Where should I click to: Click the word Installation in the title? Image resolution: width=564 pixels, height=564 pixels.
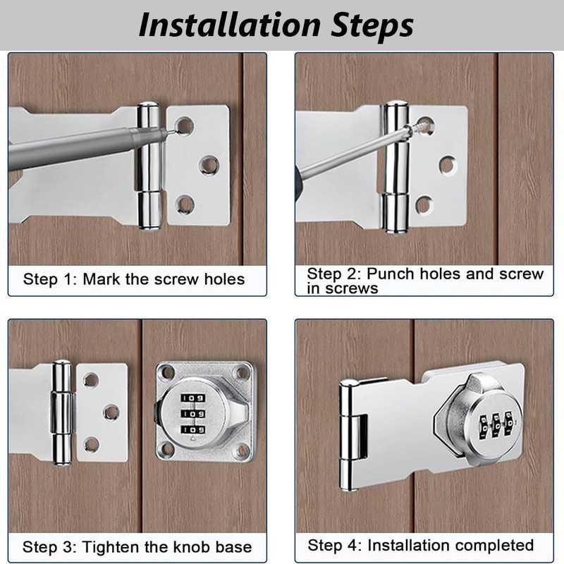pyautogui.click(x=230, y=25)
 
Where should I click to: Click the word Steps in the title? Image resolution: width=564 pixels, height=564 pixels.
pyautogui.click(x=373, y=27)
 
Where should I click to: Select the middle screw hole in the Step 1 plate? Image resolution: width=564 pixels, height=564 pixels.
pyautogui.click(x=209, y=165)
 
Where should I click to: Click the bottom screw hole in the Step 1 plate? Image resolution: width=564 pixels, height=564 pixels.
pyautogui.click(x=185, y=204)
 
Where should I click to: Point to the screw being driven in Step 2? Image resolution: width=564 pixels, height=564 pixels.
pyautogui.click(x=418, y=127)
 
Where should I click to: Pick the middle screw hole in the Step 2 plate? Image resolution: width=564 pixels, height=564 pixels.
pyautogui.click(x=448, y=165)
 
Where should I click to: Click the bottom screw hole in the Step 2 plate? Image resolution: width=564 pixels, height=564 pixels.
pyautogui.click(x=424, y=204)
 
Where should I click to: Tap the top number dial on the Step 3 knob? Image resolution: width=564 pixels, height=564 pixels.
pyautogui.click(x=193, y=398)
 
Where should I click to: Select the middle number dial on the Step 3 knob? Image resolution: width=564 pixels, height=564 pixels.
pyautogui.click(x=193, y=414)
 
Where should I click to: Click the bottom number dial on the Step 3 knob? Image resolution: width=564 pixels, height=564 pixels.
pyautogui.click(x=193, y=430)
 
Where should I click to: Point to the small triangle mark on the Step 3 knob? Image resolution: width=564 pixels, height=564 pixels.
pyautogui.click(x=192, y=438)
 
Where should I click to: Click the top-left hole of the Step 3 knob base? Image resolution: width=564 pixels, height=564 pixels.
pyautogui.click(x=166, y=372)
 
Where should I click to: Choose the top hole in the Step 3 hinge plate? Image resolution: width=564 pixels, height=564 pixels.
pyautogui.click(x=91, y=380)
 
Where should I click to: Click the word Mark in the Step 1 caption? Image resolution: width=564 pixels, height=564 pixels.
pyautogui.click(x=101, y=279)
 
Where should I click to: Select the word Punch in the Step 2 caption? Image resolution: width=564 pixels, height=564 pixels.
pyautogui.click(x=391, y=274)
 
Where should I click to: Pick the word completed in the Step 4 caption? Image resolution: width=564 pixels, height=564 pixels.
pyautogui.click(x=491, y=546)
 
